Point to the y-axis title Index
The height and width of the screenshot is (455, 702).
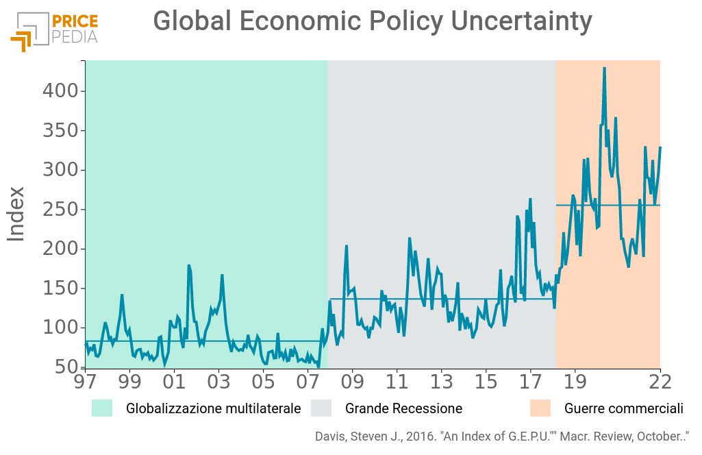click(16, 214)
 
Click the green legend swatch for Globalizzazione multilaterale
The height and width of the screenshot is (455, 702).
click(103, 408)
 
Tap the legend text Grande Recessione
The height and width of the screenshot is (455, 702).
click(403, 409)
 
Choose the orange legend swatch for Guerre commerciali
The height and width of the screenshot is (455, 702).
click(540, 408)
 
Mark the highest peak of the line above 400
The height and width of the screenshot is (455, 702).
click(604, 68)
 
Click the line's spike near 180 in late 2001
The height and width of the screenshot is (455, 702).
click(188, 266)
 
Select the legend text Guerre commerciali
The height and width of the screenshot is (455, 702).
click(623, 409)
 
